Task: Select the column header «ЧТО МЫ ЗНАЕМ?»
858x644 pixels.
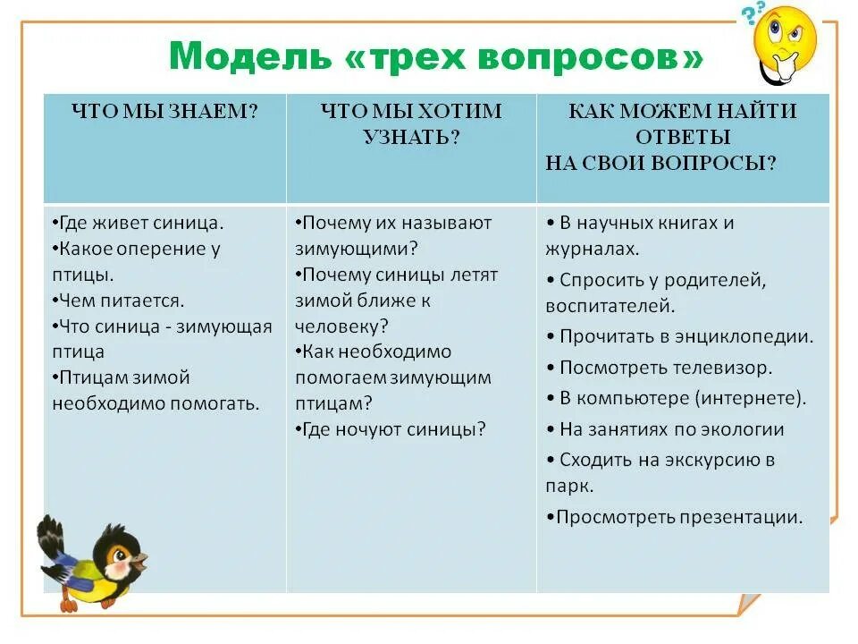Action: [165, 112]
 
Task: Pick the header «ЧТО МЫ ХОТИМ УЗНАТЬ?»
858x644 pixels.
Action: [411, 124]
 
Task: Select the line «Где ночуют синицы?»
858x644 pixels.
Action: [393, 429]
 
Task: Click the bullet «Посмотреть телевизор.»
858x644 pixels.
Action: [665, 368]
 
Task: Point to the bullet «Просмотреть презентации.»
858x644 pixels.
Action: [678, 516]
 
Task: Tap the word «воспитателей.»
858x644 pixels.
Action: [610, 306]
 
